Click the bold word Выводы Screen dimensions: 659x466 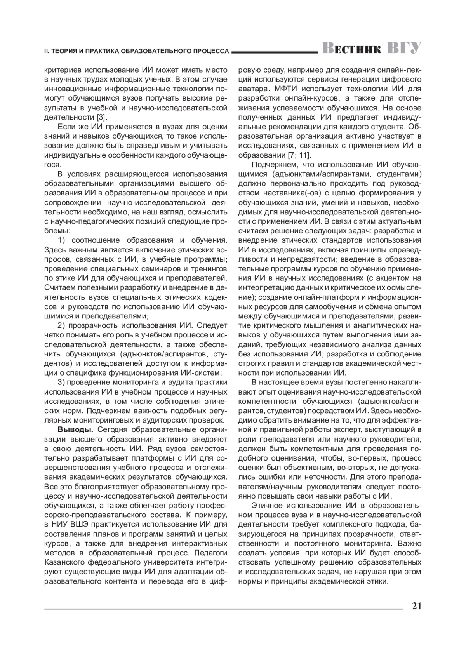coord(75,430)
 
